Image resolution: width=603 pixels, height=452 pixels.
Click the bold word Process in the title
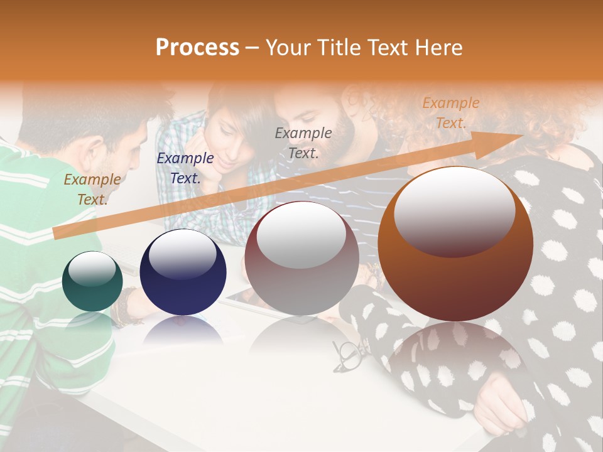coord(197,48)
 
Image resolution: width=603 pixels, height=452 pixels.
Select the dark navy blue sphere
coord(183,272)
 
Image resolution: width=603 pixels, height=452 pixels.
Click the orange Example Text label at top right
coord(450,113)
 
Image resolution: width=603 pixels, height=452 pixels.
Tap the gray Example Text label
coord(303,143)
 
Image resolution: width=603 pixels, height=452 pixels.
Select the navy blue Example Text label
coord(185,168)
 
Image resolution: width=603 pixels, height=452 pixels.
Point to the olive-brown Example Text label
coord(92,189)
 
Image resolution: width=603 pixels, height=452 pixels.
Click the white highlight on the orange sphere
coord(454,210)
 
